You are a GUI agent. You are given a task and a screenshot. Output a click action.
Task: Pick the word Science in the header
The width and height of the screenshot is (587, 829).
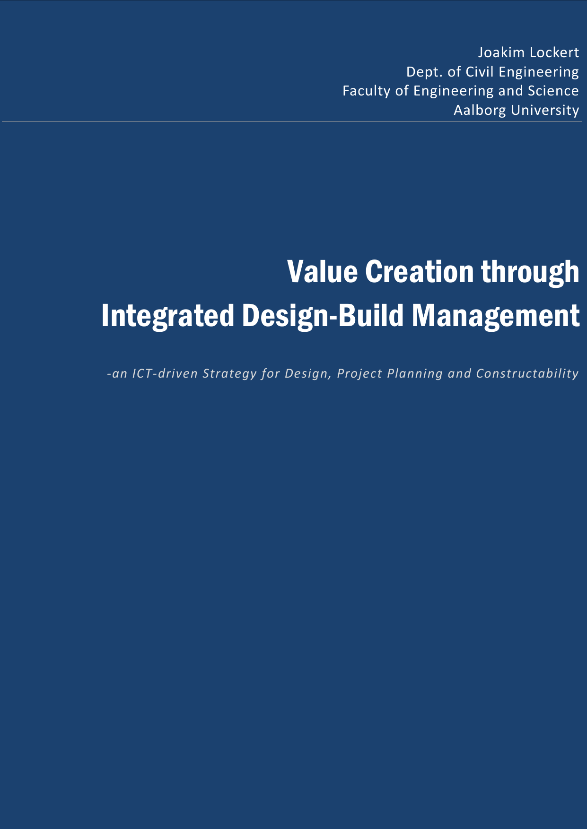click(x=553, y=91)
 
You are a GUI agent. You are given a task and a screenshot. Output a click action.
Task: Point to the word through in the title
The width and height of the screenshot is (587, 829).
click(x=530, y=273)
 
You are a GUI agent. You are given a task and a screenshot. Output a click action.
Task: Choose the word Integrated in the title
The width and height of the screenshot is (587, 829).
click(x=168, y=316)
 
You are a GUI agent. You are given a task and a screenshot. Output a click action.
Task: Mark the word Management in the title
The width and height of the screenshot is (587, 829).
click(x=496, y=316)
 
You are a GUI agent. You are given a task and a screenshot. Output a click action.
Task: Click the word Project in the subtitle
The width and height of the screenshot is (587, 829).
click(x=359, y=374)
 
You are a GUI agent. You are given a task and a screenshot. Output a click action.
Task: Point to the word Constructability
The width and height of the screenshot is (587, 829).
click(x=527, y=373)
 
